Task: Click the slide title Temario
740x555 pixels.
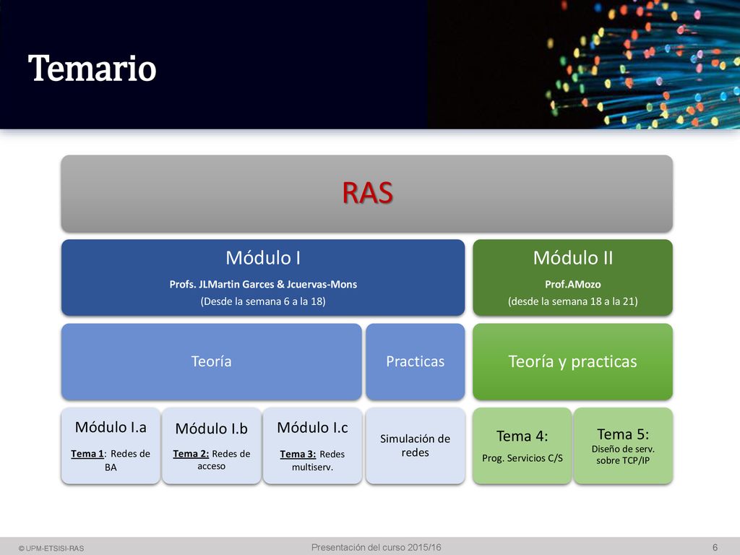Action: tap(92, 68)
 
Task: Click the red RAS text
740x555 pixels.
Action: tap(367, 192)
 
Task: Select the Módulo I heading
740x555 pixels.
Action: tap(263, 258)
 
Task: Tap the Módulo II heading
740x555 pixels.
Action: tap(573, 258)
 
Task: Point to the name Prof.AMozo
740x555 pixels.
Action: tap(573, 284)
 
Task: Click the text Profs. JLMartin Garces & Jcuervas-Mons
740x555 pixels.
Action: tap(263, 284)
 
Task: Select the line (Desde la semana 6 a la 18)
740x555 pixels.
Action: tap(263, 301)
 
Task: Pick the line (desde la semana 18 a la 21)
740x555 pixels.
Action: tap(573, 301)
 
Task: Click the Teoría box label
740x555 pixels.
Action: tap(212, 361)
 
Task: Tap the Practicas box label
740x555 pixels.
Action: tap(416, 361)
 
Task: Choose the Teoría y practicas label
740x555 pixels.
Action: tap(572, 361)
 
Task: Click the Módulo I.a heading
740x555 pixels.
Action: tap(111, 427)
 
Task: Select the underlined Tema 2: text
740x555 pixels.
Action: tap(191, 454)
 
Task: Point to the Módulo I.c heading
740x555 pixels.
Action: tap(312, 428)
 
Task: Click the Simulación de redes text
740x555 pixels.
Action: tap(416, 445)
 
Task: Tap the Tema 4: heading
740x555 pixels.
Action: tap(522, 436)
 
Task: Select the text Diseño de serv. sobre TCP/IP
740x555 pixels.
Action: tap(623, 455)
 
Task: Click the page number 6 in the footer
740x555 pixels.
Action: tap(715, 548)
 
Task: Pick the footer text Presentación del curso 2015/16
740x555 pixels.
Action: tap(376, 548)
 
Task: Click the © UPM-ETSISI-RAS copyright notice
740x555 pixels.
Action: tap(51, 548)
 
